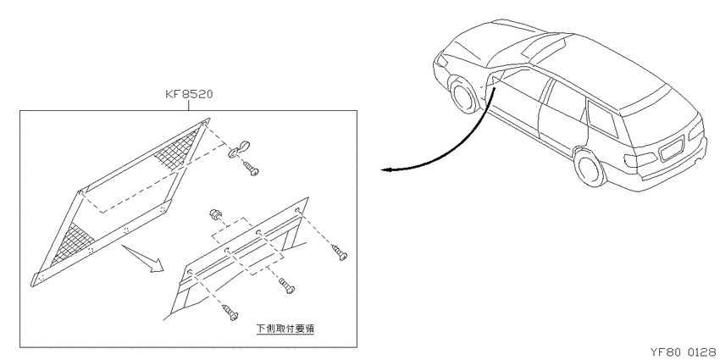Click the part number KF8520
[x=189, y=95]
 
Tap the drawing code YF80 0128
[x=684, y=352]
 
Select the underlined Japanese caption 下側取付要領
[x=285, y=329]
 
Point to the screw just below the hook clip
[x=252, y=169]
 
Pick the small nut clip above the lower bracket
[x=214, y=213]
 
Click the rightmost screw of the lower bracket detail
[x=340, y=252]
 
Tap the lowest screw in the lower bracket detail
[x=230, y=313]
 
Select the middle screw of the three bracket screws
[x=286, y=286]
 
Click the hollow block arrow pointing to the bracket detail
[x=144, y=259]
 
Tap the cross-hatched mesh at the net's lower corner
[x=73, y=241]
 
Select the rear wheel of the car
[x=590, y=167]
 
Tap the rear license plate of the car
[x=673, y=149]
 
